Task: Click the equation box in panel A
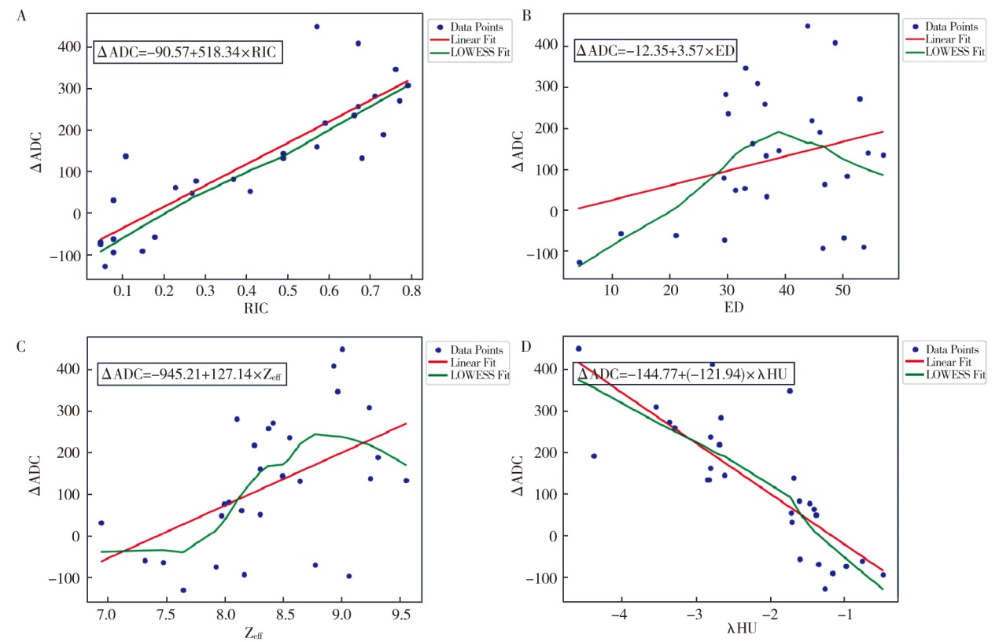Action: pyautogui.click(x=187, y=53)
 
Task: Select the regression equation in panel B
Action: pyautogui.click(x=655, y=52)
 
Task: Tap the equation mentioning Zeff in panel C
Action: pyautogui.click(x=192, y=374)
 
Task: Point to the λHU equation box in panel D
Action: pyautogui.click(x=666, y=374)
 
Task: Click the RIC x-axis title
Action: pyautogui.click(x=256, y=309)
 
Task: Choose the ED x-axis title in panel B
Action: pyautogui.click(x=723, y=308)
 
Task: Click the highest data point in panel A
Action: pyautogui.click(x=317, y=27)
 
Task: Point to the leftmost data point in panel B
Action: pyautogui.click(x=580, y=263)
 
